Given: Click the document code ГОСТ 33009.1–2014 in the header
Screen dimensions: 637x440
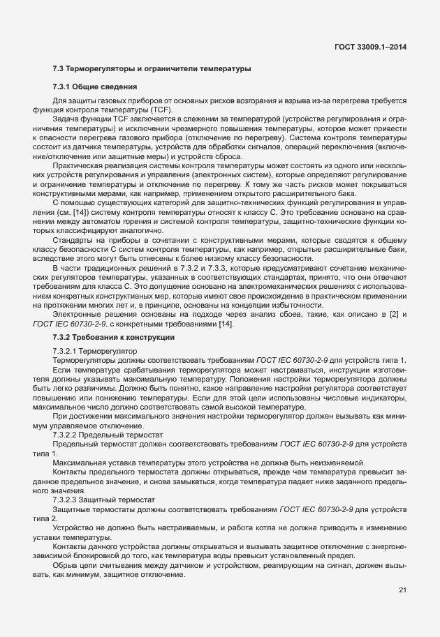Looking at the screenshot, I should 370,47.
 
